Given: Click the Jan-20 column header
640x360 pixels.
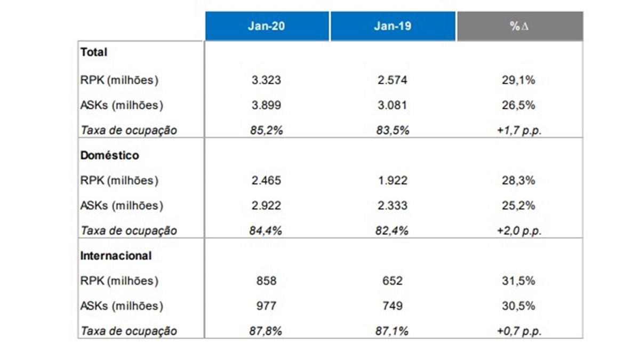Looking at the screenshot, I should [x=266, y=26].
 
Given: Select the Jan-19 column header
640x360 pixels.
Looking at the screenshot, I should [x=393, y=26].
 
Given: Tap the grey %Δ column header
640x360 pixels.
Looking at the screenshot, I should [x=519, y=26].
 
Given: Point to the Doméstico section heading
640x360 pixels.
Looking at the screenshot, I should [x=109, y=156].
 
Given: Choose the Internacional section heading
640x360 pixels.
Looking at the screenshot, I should [x=116, y=256].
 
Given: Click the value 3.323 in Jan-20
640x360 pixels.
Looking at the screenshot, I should [x=266, y=81].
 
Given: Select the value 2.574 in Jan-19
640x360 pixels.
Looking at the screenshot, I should [x=393, y=81].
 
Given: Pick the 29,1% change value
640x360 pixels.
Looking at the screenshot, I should [x=519, y=81].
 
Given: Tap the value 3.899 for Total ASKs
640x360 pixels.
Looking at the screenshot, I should [x=266, y=106].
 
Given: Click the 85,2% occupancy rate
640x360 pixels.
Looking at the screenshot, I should [x=266, y=131].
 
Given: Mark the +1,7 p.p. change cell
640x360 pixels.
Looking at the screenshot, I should [x=519, y=131].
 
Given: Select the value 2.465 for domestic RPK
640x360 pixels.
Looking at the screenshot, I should [x=266, y=181].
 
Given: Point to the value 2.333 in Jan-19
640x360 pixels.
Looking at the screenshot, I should [x=393, y=206].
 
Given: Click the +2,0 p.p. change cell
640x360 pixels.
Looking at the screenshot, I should [x=519, y=231].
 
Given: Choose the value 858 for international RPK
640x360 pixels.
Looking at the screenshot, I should [x=266, y=281].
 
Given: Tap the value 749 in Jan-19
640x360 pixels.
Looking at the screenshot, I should [x=393, y=306].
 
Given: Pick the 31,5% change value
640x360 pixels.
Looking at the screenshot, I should [x=519, y=281].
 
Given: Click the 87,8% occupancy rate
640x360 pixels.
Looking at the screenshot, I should [x=266, y=331].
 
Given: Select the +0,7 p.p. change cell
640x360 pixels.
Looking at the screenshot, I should [x=519, y=331].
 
